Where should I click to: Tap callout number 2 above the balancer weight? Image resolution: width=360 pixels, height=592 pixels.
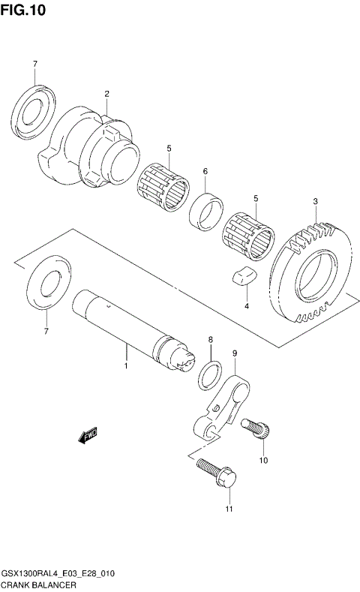pos(106,94)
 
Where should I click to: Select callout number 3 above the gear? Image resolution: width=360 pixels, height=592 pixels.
pos(316,201)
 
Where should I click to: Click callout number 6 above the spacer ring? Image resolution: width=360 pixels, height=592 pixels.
pos(205,172)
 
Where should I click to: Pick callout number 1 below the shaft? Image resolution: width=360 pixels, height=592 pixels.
pos(126,366)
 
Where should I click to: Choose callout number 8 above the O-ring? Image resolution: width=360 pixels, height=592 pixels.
pos(211,340)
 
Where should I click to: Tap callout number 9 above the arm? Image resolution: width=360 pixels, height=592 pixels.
pos(235,353)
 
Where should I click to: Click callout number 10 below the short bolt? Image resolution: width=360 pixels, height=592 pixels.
pos(262,460)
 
